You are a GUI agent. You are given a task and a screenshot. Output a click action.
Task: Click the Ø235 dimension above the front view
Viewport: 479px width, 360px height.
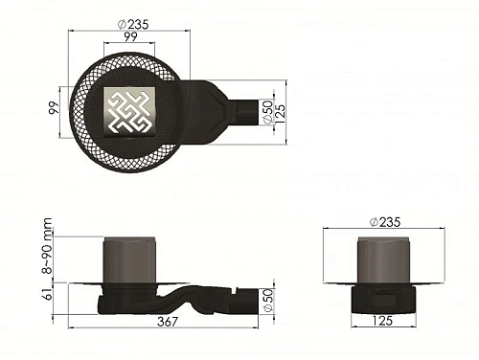coord(385,221)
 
